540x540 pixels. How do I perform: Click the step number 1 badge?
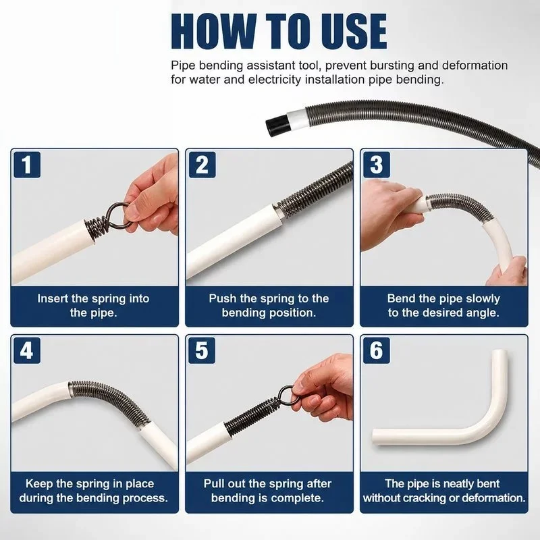tap(27, 165)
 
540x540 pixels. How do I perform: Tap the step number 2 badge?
tap(202, 165)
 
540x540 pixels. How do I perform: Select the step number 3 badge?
tap(377, 165)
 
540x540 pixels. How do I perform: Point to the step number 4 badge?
tap(27, 350)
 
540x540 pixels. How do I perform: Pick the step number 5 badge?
tap(202, 350)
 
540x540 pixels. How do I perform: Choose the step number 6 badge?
tap(377, 350)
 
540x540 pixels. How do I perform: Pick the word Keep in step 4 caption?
tap(39, 484)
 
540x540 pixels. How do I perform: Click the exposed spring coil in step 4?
tap(109, 400)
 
